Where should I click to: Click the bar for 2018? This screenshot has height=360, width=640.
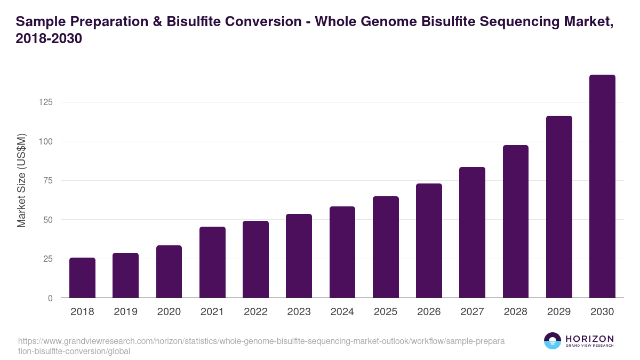coord(82,278)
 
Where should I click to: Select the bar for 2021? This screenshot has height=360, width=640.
coord(212,262)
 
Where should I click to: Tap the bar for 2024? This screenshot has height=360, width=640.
coord(342,252)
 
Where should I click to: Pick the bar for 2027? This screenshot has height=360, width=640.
coord(472,233)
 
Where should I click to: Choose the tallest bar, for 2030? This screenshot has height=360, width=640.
coord(602,187)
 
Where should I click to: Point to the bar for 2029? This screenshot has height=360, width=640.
coord(559,207)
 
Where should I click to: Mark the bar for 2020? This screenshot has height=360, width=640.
coord(169,271)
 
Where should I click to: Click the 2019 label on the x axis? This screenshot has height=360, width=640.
coord(125,312)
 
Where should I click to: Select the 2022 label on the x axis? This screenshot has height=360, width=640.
coord(255,312)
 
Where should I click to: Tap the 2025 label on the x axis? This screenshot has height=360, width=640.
coord(386,312)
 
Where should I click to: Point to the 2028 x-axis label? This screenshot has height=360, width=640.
coord(516,312)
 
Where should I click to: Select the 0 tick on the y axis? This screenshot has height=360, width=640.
coord(50,298)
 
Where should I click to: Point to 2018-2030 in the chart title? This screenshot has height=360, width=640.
coord(49,39)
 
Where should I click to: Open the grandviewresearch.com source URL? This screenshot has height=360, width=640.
coord(261,346)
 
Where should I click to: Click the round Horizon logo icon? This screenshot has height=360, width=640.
coord(553,341)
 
